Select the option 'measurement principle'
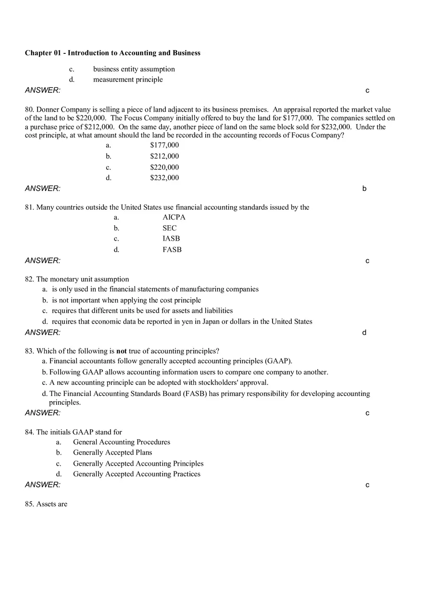[x=128, y=79]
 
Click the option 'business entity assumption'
[x=134, y=69]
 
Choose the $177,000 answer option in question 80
[x=164, y=145]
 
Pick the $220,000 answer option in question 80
[x=164, y=167]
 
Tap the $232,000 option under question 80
[x=164, y=178]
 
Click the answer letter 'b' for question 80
[x=364, y=189]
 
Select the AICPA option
[x=174, y=217]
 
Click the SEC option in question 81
[x=169, y=228]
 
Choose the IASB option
[x=171, y=238]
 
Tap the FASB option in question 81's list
[x=172, y=249]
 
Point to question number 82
[x=29, y=279]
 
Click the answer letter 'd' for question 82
[x=364, y=332]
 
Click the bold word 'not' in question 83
[x=122, y=351]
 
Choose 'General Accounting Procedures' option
[x=122, y=442]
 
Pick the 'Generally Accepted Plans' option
[x=112, y=452]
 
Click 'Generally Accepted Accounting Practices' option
[x=137, y=474]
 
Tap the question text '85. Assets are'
[x=46, y=504]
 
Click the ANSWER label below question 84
[x=43, y=485]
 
